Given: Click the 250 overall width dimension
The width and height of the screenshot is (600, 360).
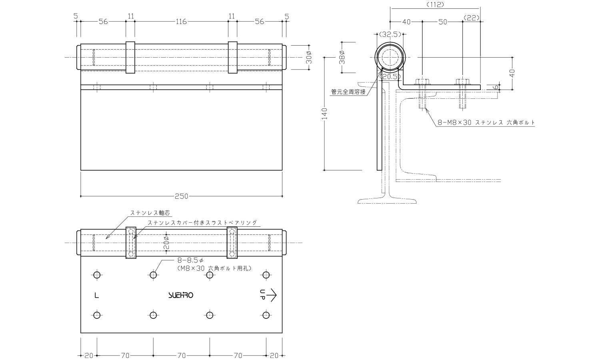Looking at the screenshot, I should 181,196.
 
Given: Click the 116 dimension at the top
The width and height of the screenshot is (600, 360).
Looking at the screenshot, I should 181,22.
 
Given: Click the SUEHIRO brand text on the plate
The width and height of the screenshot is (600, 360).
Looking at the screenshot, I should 181,296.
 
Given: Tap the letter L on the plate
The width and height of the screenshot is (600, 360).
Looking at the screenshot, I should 96,296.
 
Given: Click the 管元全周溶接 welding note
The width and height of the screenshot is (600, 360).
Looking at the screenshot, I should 348,92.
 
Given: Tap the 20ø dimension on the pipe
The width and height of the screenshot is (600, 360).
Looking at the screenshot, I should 166,243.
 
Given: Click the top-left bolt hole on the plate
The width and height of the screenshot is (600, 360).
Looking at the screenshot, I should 96,275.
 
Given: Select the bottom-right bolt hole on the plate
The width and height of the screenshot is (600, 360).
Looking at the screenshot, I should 266,315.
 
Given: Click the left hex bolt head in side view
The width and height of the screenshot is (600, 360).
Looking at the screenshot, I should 422,82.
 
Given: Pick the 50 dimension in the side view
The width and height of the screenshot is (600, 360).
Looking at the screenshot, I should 442,22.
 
